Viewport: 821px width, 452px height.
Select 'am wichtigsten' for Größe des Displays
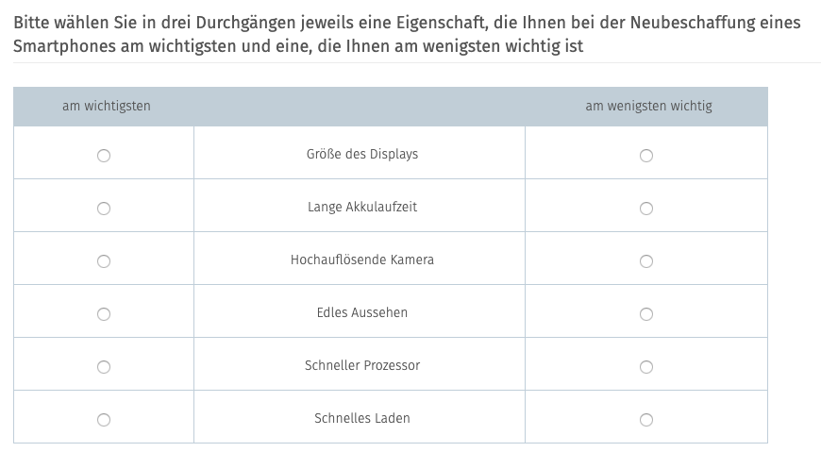pyautogui.click(x=104, y=156)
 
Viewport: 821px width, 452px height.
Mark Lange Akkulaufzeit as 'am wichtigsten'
pyautogui.click(x=104, y=209)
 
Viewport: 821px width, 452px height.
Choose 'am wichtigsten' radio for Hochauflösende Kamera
pyautogui.click(x=104, y=261)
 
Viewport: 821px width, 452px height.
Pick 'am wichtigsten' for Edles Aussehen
pyautogui.click(x=104, y=314)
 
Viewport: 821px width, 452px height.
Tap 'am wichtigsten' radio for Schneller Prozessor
pyautogui.click(x=104, y=367)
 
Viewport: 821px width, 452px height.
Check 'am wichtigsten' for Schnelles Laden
pyautogui.click(x=104, y=420)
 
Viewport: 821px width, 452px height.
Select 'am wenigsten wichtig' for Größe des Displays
pyautogui.click(x=646, y=156)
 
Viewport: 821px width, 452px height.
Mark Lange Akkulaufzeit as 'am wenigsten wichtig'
pyautogui.click(x=646, y=209)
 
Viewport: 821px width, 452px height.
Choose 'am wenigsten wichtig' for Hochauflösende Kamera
pyautogui.click(x=646, y=261)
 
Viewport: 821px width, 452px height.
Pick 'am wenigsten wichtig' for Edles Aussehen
pyautogui.click(x=646, y=314)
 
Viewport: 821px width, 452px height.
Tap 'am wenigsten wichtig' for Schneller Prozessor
pyautogui.click(x=646, y=367)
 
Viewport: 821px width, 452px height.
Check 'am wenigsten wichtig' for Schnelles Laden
pyautogui.click(x=646, y=420)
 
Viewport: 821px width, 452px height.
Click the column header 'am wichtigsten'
pyautogui.click(x=107, y=106)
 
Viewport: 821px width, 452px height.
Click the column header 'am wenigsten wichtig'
pyautogui.click(x=648, y=106)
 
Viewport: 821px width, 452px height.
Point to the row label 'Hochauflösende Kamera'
pyautogui.click(x=362, y=259)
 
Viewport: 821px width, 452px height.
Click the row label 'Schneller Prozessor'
pyautogui.click(x=362, y=365)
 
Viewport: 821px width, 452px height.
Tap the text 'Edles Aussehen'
pyautogui.click(x=362, y=312)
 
